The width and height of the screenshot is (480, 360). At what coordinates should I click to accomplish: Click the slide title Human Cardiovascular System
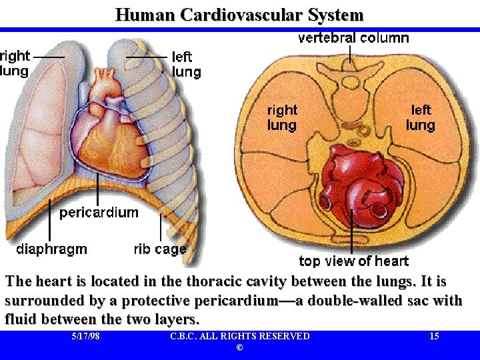239,15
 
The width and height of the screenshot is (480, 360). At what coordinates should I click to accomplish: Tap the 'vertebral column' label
353,38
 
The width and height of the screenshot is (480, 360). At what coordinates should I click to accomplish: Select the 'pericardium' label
99,213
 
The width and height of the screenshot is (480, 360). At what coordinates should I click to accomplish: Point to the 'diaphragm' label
51,249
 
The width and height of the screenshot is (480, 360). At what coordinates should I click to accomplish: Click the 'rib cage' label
160,249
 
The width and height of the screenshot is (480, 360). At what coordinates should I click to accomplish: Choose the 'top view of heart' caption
353,261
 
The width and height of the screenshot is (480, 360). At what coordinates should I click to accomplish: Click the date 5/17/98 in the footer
85,336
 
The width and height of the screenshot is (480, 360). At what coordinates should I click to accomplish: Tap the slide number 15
434,336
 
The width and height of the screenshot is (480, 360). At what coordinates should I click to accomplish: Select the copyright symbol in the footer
239,349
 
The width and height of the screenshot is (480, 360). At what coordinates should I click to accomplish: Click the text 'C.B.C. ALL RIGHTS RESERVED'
239,336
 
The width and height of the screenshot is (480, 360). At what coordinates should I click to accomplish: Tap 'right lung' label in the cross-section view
282,117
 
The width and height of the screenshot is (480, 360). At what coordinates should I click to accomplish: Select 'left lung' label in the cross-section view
421,117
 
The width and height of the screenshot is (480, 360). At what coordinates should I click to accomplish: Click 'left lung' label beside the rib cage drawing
187,65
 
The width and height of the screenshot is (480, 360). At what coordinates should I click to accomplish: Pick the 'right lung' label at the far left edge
14,63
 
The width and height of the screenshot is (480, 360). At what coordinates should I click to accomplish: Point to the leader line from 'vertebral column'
351,55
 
